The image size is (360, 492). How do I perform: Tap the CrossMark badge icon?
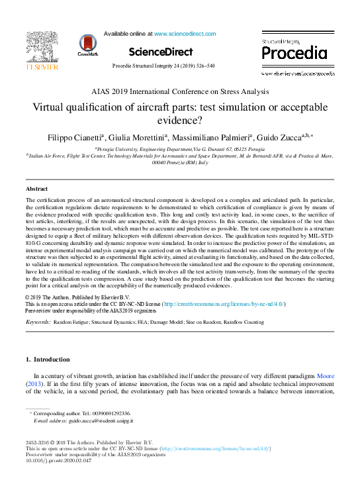click(x=87, y=44)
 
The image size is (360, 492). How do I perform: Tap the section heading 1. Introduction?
click(x=47, y=360)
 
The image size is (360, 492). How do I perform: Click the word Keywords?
click(x=38, y=322)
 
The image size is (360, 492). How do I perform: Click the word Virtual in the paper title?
click(x=50, y=107)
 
